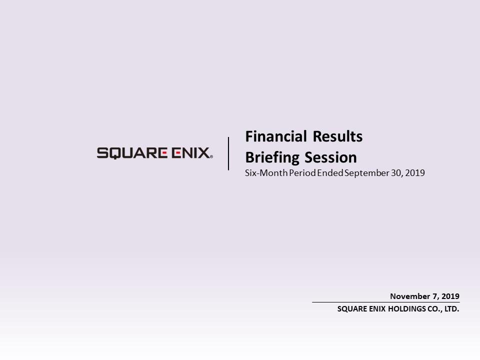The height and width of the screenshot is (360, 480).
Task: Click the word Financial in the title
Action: coord(276,136)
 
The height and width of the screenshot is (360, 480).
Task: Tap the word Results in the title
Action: coord(337,136)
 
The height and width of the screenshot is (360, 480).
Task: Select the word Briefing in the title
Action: coord(272,158)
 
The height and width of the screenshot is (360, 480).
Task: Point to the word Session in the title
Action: coord(331,157)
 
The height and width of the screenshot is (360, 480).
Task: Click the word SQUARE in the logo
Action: coord(132,153)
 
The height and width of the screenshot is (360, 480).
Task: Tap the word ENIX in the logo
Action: coord(190,153)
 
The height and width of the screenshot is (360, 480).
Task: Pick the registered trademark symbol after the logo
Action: coord(211,156)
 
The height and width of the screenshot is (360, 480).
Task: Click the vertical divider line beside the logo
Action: coord(228,153)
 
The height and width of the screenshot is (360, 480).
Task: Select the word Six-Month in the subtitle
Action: coord(266,173)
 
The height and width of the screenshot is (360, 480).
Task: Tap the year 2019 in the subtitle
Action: coord(415,173)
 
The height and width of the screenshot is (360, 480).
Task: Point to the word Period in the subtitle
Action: coord(302,173)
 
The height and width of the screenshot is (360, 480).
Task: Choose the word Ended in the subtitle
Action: coord(330,173)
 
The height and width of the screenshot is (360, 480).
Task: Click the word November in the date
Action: coord(410,296)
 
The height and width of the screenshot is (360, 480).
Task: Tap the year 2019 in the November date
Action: coord(450,296)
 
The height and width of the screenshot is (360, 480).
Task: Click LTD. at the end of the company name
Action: coord(452,309)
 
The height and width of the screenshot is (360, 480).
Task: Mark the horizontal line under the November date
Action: coord(385,302)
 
